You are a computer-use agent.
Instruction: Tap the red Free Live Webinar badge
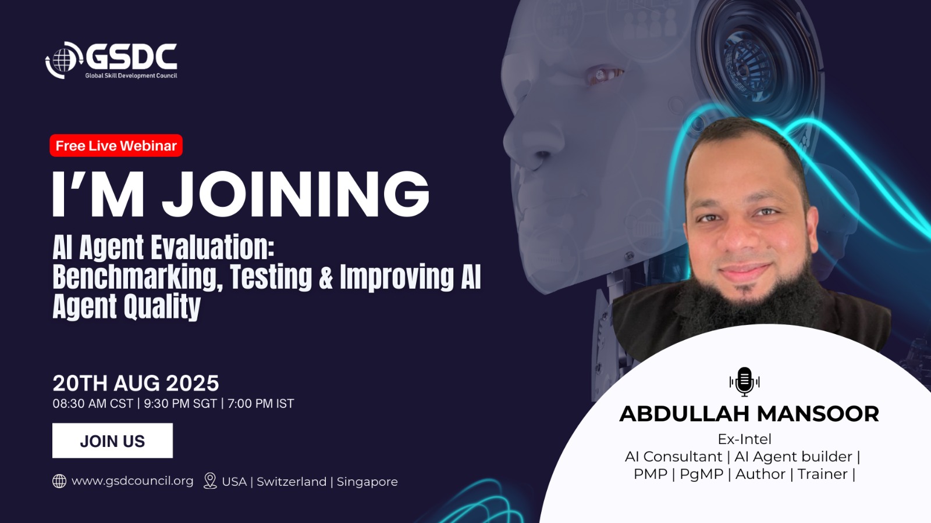pos(116,146)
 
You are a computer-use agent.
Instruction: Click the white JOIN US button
pos(113,441)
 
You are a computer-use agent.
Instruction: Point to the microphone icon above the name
pos(744,382)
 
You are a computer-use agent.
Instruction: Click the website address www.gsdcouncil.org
pos(133,481)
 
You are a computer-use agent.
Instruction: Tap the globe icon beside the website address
pos(59,481)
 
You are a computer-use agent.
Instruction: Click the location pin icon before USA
pos(210,481)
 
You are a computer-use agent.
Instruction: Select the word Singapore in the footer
pos(367,482)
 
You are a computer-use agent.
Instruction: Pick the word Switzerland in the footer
pos(292,482)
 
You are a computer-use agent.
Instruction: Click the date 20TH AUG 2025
pos(136,383)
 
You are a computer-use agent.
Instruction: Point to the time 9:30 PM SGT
pos(180,403)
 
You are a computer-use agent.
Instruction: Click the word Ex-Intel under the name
pos(744,439)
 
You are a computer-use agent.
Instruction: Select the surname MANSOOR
pos(818,414)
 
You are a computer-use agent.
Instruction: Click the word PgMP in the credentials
pos(702,474)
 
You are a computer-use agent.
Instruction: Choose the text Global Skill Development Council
pos(132,76)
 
